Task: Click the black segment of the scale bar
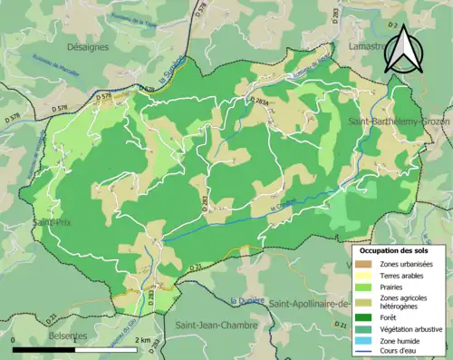coord(45,349)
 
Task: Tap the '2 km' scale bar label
coord(143,340)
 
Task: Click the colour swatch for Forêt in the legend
coord(362,317)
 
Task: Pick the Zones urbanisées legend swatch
coord(362,263)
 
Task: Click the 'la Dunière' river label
coord(246,300)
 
